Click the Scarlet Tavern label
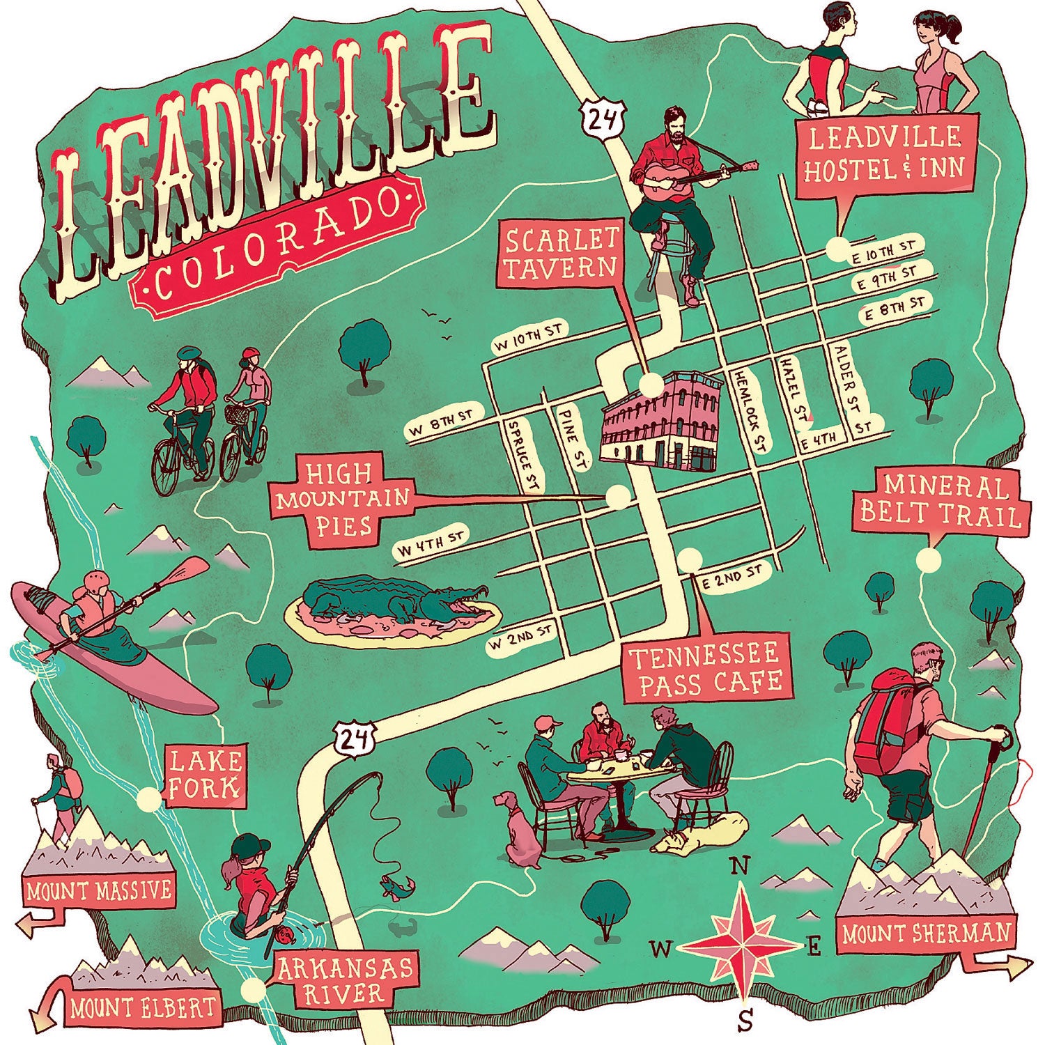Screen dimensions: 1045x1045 559,254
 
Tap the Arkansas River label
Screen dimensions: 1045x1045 344,980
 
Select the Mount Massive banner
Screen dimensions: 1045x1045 98,890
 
